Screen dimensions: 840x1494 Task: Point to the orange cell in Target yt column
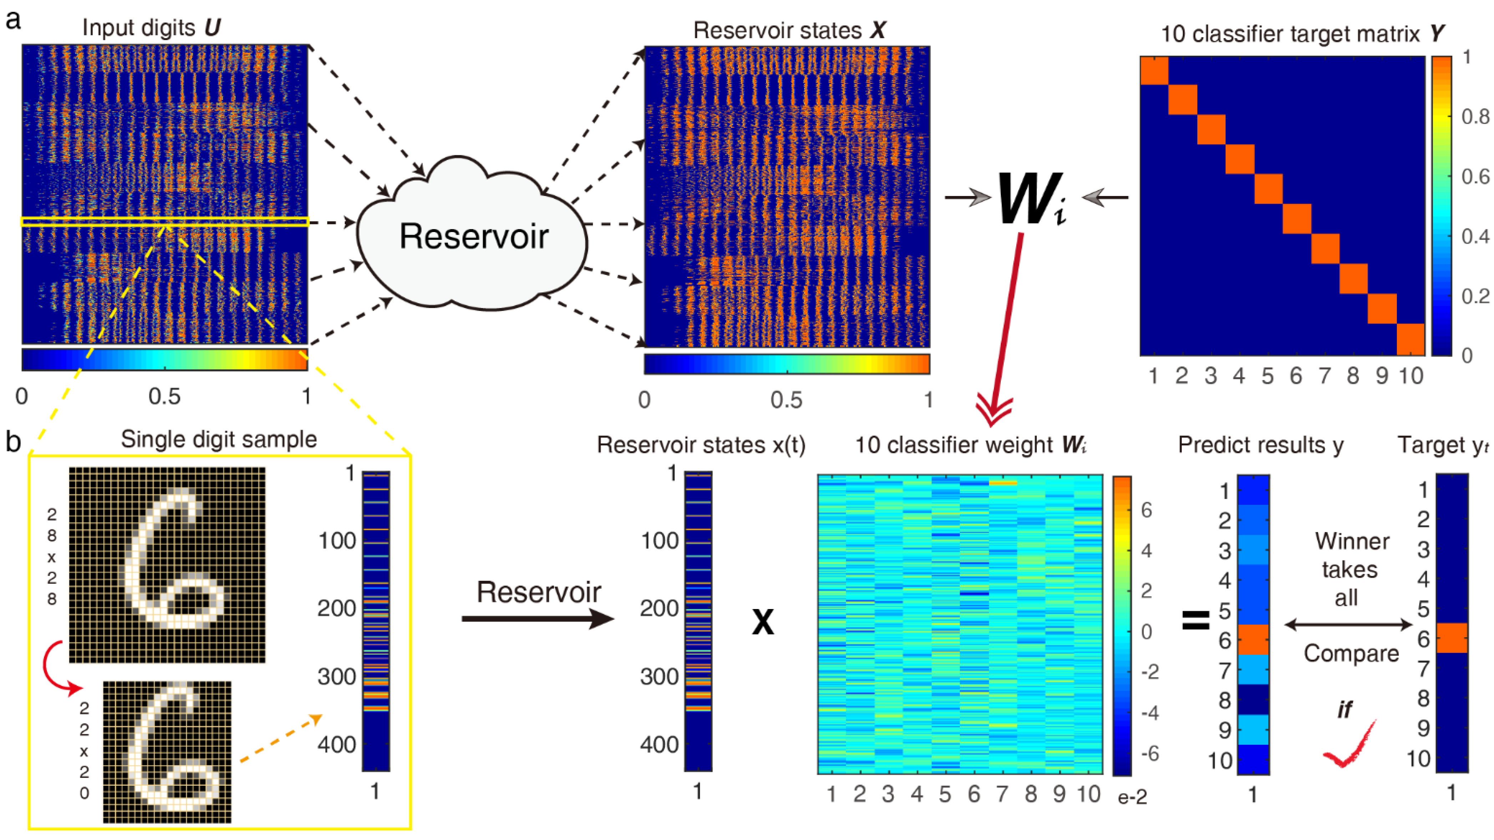(x=1451, y=638)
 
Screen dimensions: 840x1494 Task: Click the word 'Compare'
(x=1351, y=654)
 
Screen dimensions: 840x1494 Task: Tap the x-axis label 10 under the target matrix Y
(x=1410, y=376)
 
